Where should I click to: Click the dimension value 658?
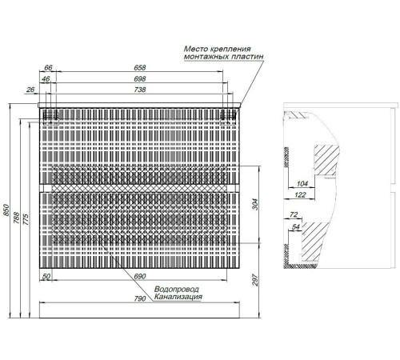pos(140,68)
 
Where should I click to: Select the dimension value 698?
pos(140,79)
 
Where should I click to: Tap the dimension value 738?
pos(140,90)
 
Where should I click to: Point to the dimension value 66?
pos(48,68)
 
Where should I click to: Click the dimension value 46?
pos(46,79)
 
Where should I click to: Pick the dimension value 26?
pos(30,90)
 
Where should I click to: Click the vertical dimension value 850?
pos(6,210)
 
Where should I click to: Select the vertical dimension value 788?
pos(17,218)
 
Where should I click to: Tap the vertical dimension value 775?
pos(26,219)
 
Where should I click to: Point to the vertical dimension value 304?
pos(255,204)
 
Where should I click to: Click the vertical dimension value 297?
pos(255,280)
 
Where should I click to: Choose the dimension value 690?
pos(139,277)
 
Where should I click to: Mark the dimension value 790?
pos(140,298)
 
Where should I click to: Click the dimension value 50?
pos(46,277)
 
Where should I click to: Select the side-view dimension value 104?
pos(302,184)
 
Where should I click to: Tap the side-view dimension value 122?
pos(300,195)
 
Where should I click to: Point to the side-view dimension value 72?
pos(294,214)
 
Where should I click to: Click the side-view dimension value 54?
pos(296,227)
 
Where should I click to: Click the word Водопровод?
pos(177,290)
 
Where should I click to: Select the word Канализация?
pos(178,297)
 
